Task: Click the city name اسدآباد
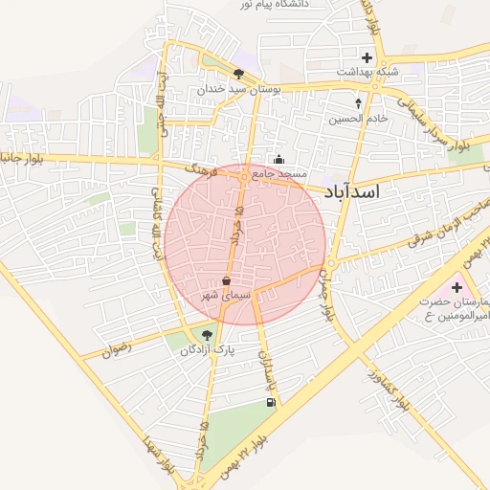click(352, 191)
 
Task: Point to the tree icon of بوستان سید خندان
click(238, 73)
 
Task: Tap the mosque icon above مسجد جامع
click(278, 159)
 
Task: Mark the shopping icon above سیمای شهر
click(225, 281)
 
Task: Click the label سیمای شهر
click(225, 297)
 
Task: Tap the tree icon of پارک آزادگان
click(207, 334)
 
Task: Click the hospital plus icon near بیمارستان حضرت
click(457, 287)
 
